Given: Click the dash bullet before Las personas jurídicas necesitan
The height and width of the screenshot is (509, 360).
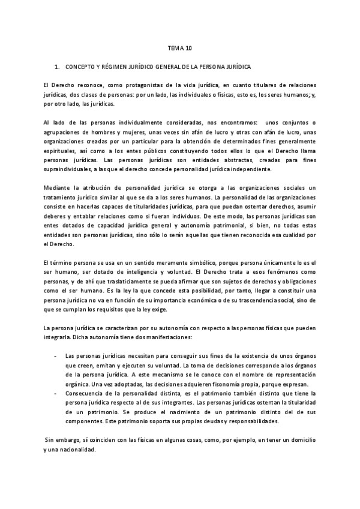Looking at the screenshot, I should [55, 355].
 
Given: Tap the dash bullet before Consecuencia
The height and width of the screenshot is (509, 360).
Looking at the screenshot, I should [55, 393].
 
